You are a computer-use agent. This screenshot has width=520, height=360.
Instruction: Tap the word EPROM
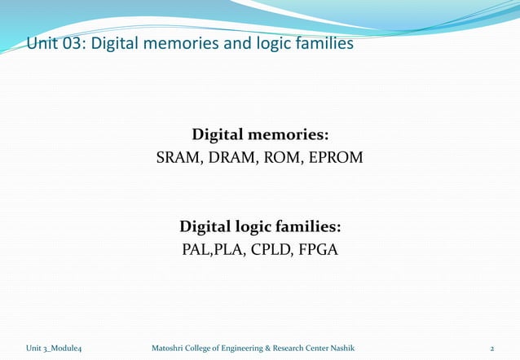334,156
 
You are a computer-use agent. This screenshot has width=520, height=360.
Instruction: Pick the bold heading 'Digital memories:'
260,134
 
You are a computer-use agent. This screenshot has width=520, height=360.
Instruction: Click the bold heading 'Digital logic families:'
260,226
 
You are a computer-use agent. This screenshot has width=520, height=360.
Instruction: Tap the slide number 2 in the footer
492,348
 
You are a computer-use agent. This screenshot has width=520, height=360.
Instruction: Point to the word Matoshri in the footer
158,348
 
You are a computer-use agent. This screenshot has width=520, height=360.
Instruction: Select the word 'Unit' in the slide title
42,43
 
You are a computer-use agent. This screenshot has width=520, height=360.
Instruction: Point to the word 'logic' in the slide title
275,43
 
